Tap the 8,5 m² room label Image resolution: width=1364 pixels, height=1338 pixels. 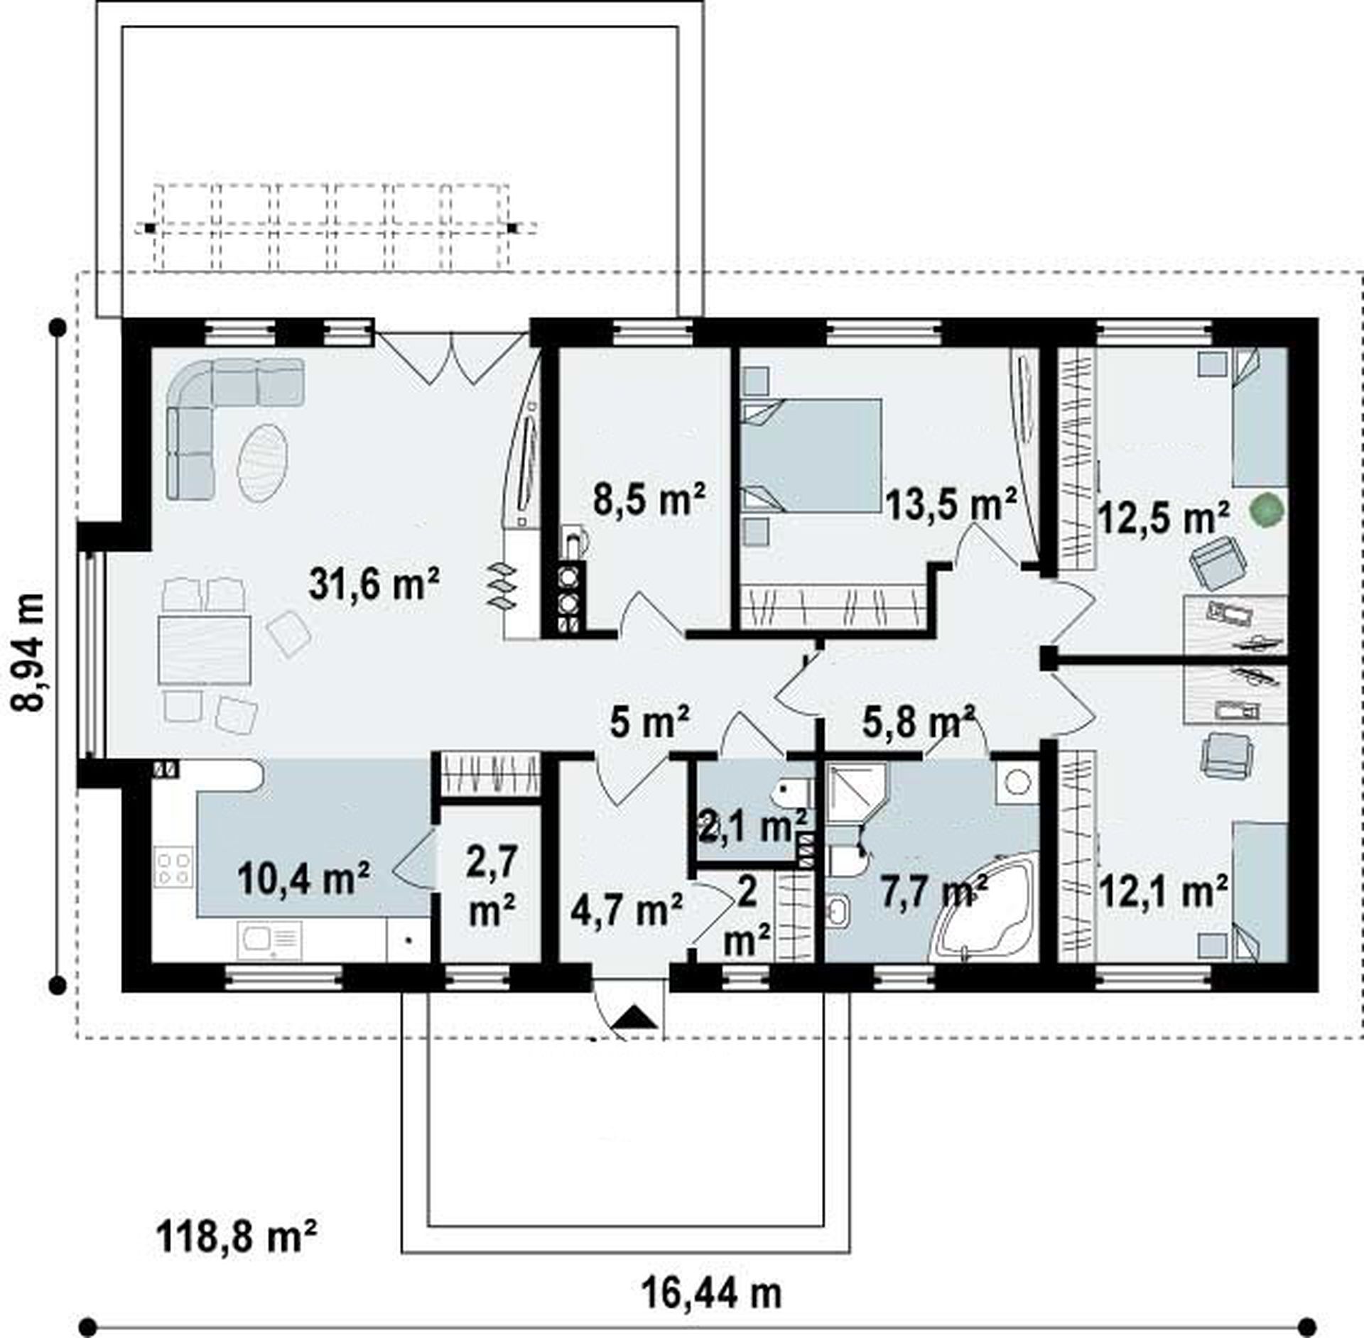649,500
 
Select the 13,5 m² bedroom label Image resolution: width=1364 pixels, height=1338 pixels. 951,504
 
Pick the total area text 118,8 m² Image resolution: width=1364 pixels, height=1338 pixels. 236,1237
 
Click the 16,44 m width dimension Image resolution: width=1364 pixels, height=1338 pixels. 711,1293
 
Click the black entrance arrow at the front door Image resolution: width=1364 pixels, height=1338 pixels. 634,1018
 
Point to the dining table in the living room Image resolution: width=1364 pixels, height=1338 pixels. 205,649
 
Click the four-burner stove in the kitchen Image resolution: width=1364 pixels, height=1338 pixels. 173,869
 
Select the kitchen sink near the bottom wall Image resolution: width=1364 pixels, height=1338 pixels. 269,942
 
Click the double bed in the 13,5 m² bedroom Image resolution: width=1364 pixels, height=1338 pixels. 812,455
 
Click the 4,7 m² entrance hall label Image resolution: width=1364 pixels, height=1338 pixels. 627,909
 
